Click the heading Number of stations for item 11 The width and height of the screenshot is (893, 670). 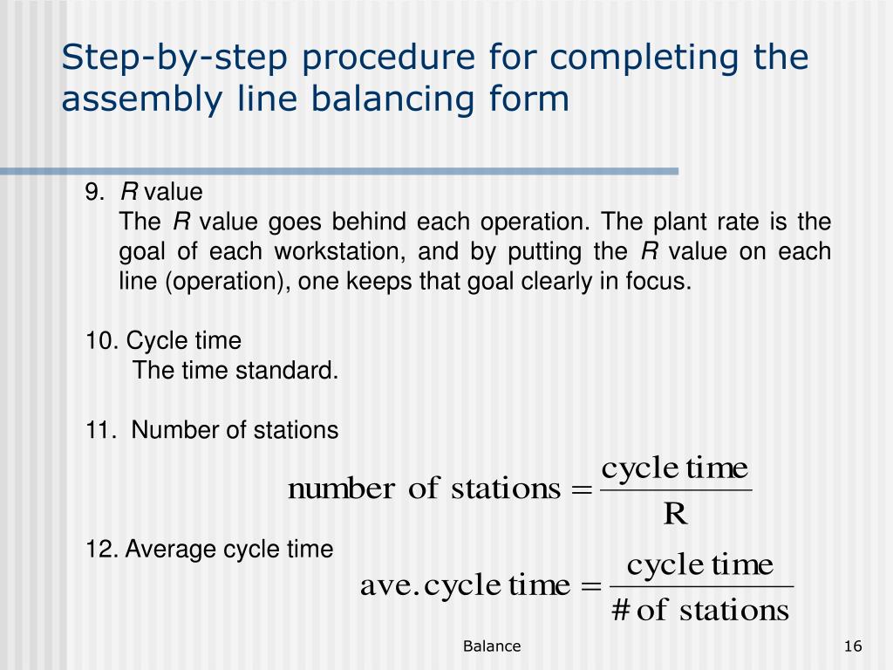point(235,430)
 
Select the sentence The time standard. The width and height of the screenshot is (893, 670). point(235,370)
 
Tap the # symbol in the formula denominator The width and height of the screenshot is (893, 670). point(621,610)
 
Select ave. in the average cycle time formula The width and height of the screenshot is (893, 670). point(391,585)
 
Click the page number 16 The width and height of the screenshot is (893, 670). point(853,646)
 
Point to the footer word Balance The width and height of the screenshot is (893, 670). point(492,646)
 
